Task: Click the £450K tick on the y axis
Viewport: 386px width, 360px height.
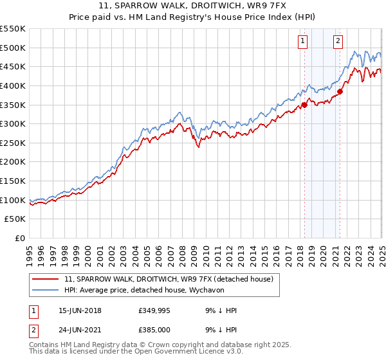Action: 13,66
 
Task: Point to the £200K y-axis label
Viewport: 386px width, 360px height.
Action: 13,161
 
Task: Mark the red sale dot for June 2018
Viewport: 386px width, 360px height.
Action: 304,105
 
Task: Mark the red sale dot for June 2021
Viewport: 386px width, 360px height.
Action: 340,91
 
